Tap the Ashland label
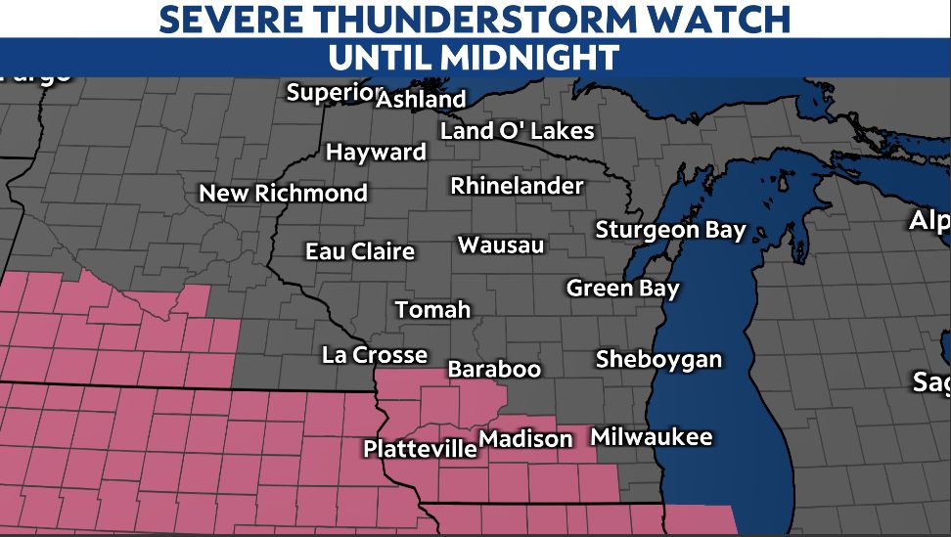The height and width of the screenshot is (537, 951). [421, 100]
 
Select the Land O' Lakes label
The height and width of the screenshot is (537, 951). [517, 130]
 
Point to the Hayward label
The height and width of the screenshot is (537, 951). [376, 153]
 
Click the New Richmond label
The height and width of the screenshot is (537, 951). [283, 194]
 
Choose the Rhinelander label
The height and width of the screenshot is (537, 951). [517, 186]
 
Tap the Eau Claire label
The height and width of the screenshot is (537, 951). [360, 251]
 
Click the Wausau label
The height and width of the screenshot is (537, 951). [501, 245]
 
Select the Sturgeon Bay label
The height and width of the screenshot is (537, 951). [670, 231]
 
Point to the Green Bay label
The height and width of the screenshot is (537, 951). [622, 289]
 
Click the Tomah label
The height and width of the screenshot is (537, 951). [432, 310]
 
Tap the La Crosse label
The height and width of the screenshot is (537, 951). [375, 355]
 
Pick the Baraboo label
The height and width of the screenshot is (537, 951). [494, 370]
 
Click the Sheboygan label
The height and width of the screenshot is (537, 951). [658, 359]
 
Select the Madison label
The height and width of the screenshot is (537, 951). [526, 439]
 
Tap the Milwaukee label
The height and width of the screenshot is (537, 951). [652, 437]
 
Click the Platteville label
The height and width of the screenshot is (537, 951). [420, 450]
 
